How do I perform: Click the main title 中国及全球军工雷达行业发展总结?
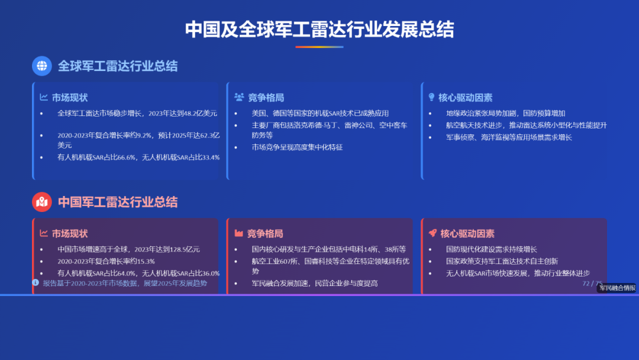pos(319,29)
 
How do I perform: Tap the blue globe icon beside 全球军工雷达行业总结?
pos(42,66)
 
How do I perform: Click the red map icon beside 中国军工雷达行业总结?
pos(42,202)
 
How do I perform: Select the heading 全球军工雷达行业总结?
pos(117,66)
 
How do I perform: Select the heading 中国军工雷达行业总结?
pos(117,202)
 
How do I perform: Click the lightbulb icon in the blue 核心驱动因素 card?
pos(431,97)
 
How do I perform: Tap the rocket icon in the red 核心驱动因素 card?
pos(433,233)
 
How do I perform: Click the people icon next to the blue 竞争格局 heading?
pos(239,97)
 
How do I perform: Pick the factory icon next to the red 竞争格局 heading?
pos(239,233)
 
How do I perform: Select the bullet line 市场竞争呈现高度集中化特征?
pos(297,147)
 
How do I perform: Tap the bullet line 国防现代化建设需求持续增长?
pos(491,249)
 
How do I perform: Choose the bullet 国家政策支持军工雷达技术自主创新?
pos(502,261)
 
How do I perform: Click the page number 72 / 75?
pos(592,284)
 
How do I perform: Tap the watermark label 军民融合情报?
pos(617,288)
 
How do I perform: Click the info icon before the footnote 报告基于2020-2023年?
pos(35,283)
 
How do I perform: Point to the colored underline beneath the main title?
pos(319,47)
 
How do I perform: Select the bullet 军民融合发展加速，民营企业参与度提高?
pos(314,284)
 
